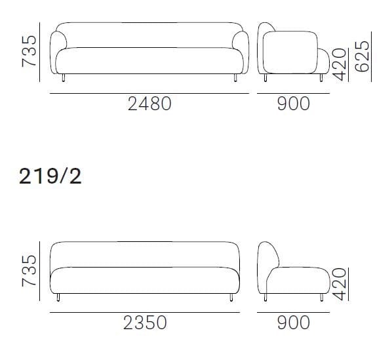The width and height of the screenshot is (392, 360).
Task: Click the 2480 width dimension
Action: click(149, 103)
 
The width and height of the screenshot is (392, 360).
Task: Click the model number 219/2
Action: click(50, 176)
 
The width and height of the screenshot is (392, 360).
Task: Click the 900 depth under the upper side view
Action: click(293, 103)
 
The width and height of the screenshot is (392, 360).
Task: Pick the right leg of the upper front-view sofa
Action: click(235, 79)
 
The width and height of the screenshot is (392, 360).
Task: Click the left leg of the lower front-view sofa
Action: click(60, 298)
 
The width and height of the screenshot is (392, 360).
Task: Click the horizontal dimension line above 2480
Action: click(149, 93)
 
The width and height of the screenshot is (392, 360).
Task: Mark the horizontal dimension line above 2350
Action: click(144, 311)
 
